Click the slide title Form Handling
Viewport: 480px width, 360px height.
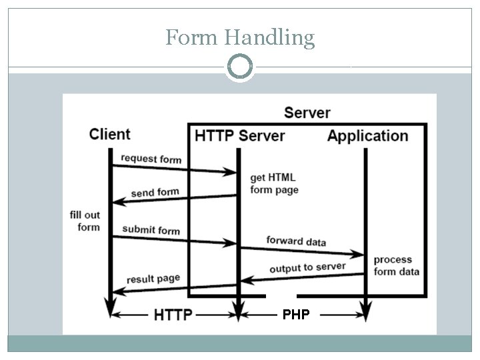[240, 37]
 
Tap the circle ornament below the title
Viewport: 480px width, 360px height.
[240, 67]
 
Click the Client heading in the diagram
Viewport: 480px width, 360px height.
[110, 133]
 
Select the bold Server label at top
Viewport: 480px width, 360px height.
[307, 112]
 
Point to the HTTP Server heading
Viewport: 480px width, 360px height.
[239, 136]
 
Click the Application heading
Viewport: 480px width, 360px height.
[367, 136]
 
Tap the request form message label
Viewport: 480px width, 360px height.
[151, 159]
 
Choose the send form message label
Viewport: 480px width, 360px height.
[155, 193]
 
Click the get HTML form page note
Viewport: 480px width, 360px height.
[274, 183]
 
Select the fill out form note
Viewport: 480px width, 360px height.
[85, 221]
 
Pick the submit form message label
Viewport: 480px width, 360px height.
[151, 230]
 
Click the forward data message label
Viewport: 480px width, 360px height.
[296, 241]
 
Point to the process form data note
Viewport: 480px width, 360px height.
[397, 265]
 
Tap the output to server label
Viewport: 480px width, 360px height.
[307, 268]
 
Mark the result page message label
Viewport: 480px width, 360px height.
[153, 278]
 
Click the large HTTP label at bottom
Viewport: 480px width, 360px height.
[173, 313]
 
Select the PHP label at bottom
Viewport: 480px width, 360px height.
[296, 314]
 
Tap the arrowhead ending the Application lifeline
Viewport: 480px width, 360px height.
[365, 311]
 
